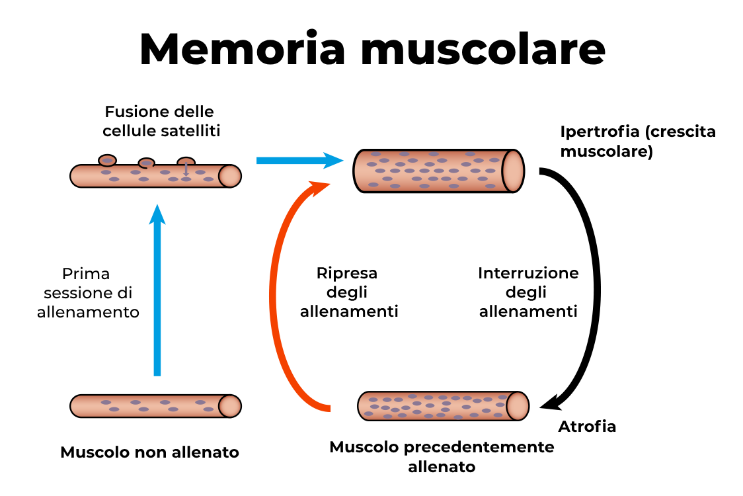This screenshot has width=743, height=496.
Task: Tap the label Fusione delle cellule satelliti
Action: coord(161,121)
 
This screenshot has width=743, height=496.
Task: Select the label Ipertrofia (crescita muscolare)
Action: coord(637,142)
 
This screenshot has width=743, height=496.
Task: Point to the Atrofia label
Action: coord(587,427)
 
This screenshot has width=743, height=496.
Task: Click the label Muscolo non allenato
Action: coord(149,452)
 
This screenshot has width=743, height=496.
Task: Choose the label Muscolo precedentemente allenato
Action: coord(442,456)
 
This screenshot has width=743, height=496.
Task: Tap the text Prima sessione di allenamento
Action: coord(88,292)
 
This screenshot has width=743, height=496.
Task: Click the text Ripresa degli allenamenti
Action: coord(348,292)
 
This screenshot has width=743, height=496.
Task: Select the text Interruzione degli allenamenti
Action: coord(528,292)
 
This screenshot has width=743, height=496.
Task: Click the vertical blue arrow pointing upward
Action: coord(157,291)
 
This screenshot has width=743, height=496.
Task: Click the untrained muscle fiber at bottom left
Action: coord(155,405)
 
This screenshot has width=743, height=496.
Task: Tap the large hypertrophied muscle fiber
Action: coord(430,171)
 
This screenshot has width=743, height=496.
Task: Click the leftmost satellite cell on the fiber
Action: coord(107,160)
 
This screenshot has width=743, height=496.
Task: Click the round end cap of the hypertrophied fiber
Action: coord(513,171)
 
